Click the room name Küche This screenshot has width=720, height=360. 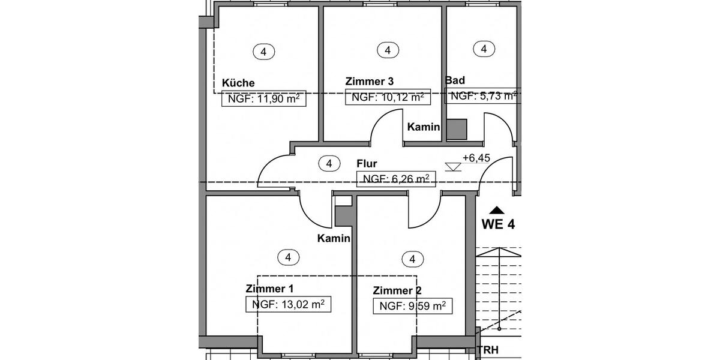[x=238, y=83]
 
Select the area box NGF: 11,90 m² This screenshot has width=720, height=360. [x=263, y=99]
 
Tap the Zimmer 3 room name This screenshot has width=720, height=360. [x=370, y=81]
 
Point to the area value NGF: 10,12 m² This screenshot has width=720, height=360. [x=388, y=97]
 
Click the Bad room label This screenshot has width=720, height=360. [x=455, y=80]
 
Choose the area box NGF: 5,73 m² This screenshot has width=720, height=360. [x=481, y=96]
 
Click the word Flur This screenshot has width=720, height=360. [x=367, y=163]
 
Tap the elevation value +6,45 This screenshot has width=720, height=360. [x=476, y=158]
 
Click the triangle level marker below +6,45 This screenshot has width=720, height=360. [x=453, y=167]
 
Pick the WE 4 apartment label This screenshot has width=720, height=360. [x=498, y=225]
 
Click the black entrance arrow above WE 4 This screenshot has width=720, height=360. [x=496, y=210]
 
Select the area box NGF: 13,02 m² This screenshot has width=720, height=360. [x=288, y=304]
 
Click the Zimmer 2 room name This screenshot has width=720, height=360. [x=393, y=290]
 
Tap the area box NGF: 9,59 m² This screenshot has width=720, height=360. [x=412, y=306]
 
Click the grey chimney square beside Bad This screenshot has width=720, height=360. [x=457, y=129]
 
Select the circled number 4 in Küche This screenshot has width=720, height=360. [x=263, y=52]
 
